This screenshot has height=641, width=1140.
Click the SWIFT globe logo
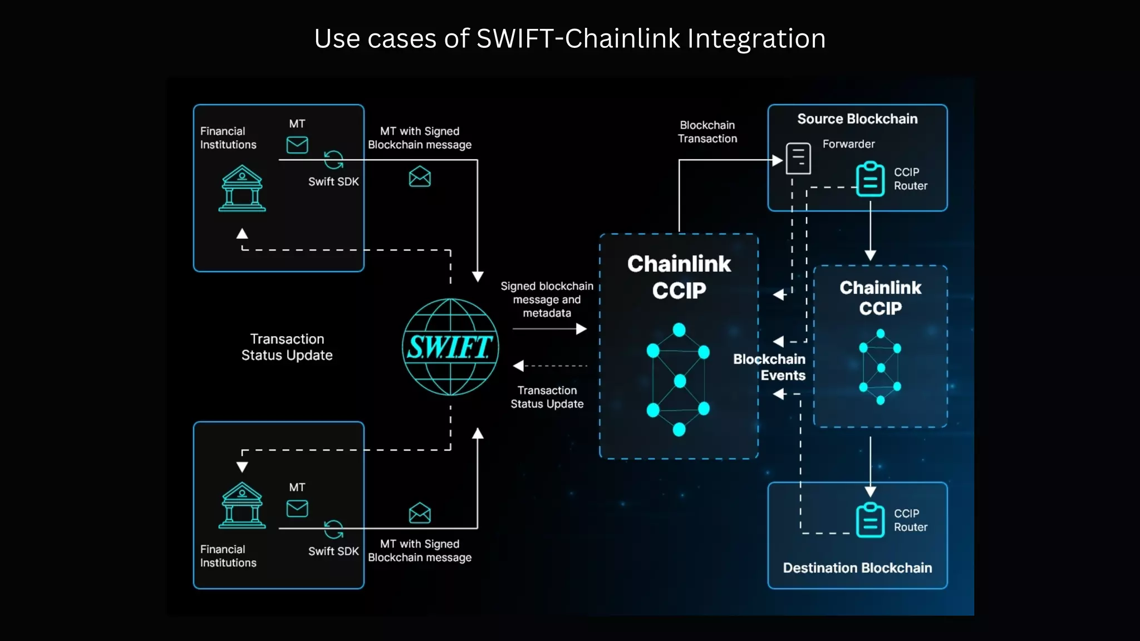point(450,347)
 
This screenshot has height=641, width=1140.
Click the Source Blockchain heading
point(857,119)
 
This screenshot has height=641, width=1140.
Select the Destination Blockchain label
point(857,568)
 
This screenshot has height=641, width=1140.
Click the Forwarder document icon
point(798,159)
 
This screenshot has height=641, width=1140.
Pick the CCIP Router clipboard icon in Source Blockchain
point(870,179)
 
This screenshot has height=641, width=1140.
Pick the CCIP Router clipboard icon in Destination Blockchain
point(870,520)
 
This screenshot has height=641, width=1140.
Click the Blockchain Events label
point(770,367)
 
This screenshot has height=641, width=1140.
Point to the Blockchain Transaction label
point(707,132)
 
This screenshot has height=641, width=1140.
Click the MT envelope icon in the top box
point(297,145)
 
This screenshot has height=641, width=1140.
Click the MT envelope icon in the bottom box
point(297,509)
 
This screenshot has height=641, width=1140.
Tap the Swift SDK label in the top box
point(333,182)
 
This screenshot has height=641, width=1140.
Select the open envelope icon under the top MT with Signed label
point(420,177)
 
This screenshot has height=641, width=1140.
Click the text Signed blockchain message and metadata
point(547,299)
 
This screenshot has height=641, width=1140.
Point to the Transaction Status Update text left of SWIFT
point(287,347)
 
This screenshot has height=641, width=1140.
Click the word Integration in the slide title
point(756,39)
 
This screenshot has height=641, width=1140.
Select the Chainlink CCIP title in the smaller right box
point(880,298)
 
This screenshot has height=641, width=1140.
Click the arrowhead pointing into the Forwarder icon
point(778,160)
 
